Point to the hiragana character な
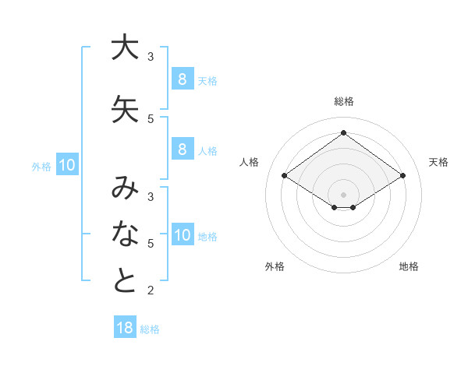pos(125,233)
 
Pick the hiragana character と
pos(125,280)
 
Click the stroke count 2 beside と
pos(151,290)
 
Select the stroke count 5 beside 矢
pos(151,118)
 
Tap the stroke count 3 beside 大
pos(151,56)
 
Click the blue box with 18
pos(125,328)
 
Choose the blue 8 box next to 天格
pos(182,79)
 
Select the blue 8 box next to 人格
pos(182,150)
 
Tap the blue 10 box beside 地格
pos(183,235)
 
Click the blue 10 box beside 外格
pos(66,165)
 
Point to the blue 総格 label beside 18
pos(150,329)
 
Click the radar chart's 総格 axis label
pos(343,101)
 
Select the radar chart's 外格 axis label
pos(275,266)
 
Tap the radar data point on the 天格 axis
pos(402,176)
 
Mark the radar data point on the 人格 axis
pos(285,176)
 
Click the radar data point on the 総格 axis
pos(343,133)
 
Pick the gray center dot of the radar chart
pos(343,194)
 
